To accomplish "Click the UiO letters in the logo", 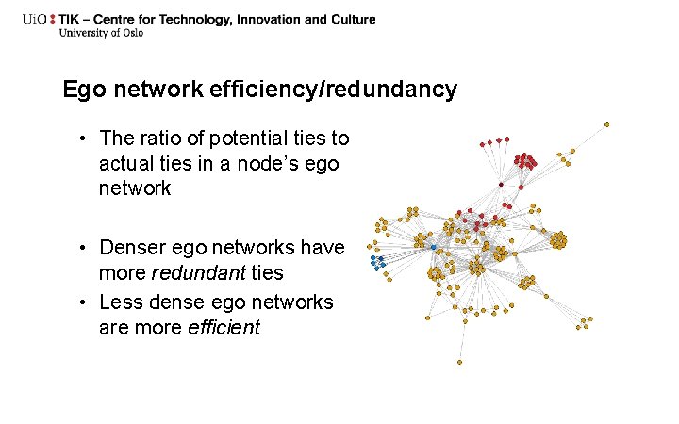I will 39,20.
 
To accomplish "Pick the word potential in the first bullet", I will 242,139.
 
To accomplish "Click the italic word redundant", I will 191,273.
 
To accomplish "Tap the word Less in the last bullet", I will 119,302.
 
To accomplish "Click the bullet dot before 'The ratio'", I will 84,139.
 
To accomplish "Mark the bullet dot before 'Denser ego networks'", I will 84,248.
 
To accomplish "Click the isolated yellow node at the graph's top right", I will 606,124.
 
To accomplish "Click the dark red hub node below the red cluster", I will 501,185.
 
